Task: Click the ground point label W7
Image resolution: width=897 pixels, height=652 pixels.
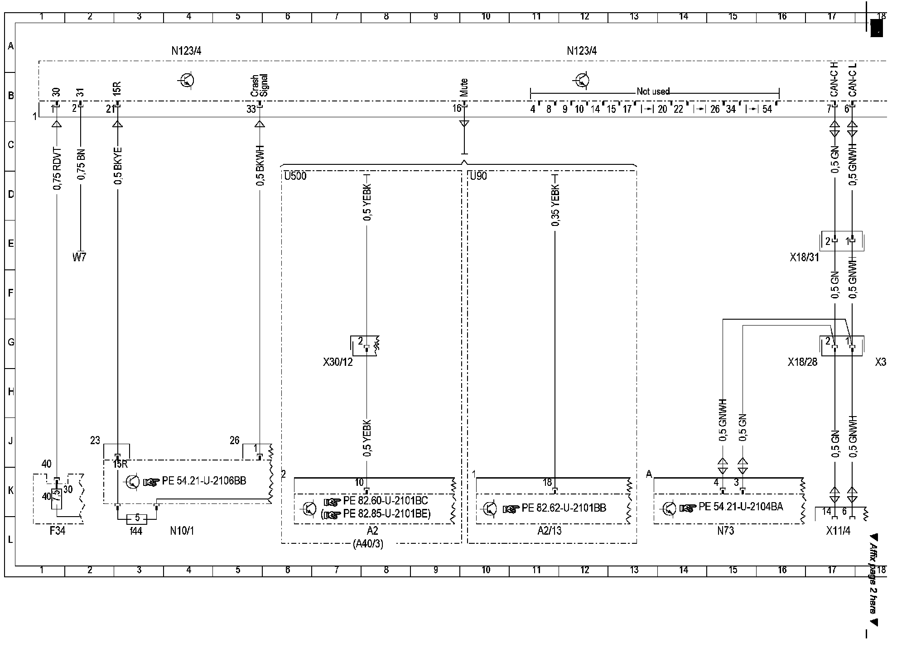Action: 79,257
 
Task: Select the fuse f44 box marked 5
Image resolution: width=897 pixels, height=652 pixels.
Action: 137,518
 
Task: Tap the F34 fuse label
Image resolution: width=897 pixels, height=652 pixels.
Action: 58,531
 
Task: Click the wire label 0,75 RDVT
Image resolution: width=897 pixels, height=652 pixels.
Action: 57,168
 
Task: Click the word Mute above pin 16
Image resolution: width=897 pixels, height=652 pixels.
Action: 463,87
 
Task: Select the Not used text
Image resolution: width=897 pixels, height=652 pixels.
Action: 653,91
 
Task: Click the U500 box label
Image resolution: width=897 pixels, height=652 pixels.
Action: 295,176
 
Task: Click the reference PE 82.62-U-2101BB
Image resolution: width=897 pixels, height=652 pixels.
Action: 564,508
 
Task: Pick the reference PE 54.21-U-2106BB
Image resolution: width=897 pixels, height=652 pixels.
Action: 204,481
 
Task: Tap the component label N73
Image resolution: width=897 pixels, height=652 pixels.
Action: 726,531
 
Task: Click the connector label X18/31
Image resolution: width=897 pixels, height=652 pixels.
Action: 805,257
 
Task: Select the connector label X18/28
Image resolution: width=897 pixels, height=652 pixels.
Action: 802,362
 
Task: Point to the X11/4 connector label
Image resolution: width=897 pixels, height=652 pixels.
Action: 838,531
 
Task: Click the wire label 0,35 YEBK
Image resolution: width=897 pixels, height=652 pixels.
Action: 555,205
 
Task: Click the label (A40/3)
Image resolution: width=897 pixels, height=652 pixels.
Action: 368,544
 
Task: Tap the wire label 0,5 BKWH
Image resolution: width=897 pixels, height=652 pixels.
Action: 260,166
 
